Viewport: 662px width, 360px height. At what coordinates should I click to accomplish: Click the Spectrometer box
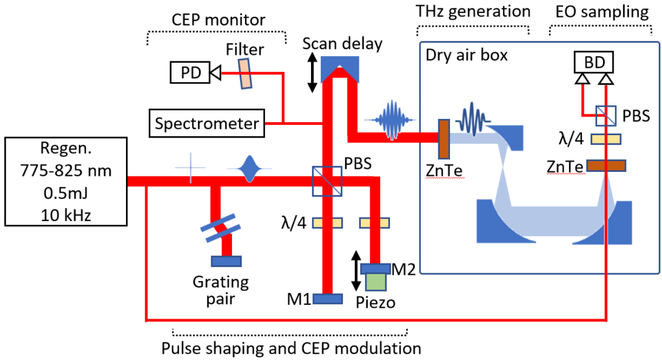(x=204, y=123)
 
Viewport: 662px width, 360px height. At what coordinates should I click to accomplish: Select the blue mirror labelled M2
(x=375, y=268)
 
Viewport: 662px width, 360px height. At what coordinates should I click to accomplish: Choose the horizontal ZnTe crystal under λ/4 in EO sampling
(x=605, y=166)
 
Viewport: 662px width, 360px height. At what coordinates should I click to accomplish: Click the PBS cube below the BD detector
(x=606, y=116)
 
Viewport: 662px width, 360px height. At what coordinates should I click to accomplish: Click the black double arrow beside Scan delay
(x=312, y=71)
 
